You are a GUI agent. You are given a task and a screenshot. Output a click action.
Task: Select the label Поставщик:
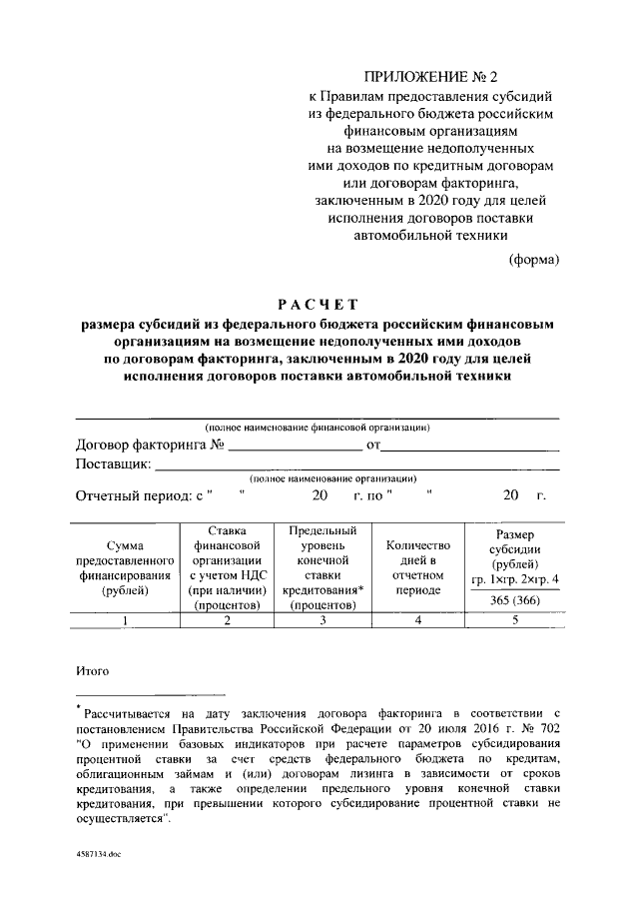coord(113,464)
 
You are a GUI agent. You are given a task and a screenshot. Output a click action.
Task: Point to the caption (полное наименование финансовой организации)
coord(317,428)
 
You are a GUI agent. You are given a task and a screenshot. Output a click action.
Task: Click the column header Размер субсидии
coord(515,556)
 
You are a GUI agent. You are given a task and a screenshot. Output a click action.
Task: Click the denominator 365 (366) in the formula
coord(515,599)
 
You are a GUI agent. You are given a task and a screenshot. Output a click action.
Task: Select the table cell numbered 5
coord(515,621)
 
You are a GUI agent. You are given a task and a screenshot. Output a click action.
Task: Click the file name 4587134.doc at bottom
coord(101,856)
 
